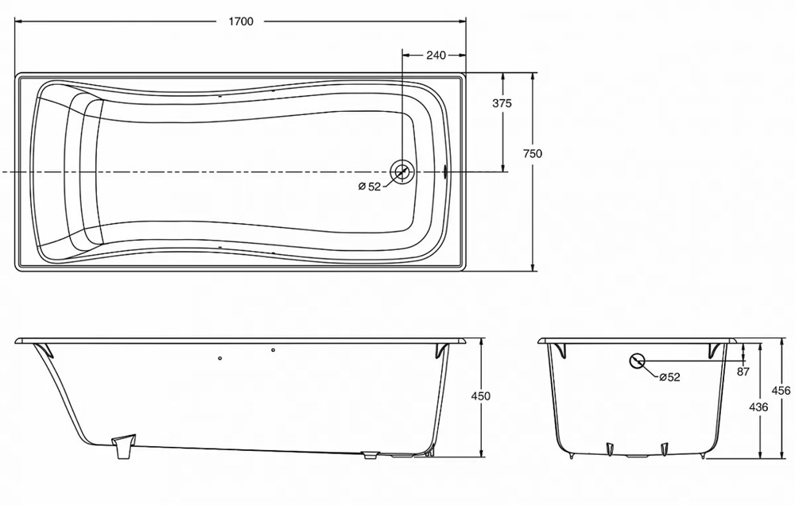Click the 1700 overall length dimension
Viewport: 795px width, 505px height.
coord(241,21)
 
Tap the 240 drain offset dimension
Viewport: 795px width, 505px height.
coord(436,55)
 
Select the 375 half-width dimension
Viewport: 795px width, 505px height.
coord(502,103)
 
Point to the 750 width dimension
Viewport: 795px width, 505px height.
coord(533,153)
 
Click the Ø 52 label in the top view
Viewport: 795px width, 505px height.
coord(369,187)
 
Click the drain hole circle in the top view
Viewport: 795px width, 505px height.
coord(402,172)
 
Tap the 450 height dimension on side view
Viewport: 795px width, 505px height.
coord(481,395)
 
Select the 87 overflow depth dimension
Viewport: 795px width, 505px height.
coord(743,372)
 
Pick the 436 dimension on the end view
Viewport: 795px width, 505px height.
coord(758,407)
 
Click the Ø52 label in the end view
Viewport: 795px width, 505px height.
coord(669,377)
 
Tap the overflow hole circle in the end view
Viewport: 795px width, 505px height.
coord(637,360)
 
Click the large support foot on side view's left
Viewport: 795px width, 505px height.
coord(124,445)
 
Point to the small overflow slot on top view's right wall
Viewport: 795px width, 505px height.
coord(445,172)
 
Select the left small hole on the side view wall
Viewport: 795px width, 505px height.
coord(219,359)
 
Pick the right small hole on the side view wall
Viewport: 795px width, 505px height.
coord(273,350)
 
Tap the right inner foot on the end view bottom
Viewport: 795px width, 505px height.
coord(664,449)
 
